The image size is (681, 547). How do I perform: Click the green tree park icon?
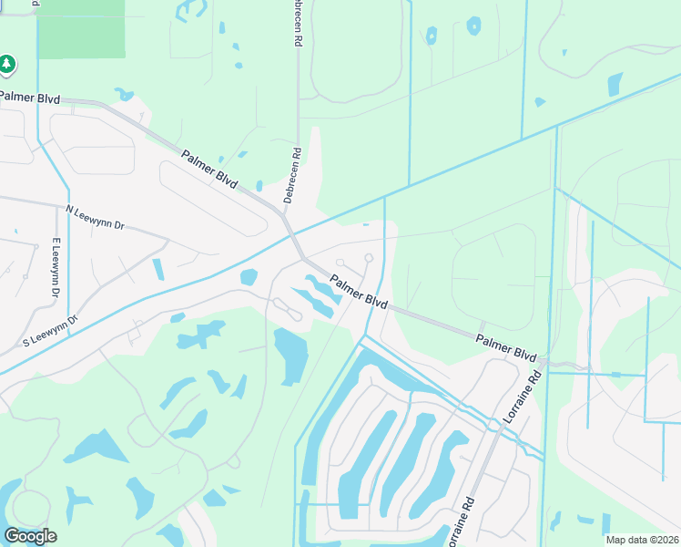coord(7,64)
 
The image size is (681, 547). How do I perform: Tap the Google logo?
coord(30,536)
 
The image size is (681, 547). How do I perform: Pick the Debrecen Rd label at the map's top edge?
coord(296,23)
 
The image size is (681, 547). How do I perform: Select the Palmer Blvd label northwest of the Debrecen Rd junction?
coord(208,170)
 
